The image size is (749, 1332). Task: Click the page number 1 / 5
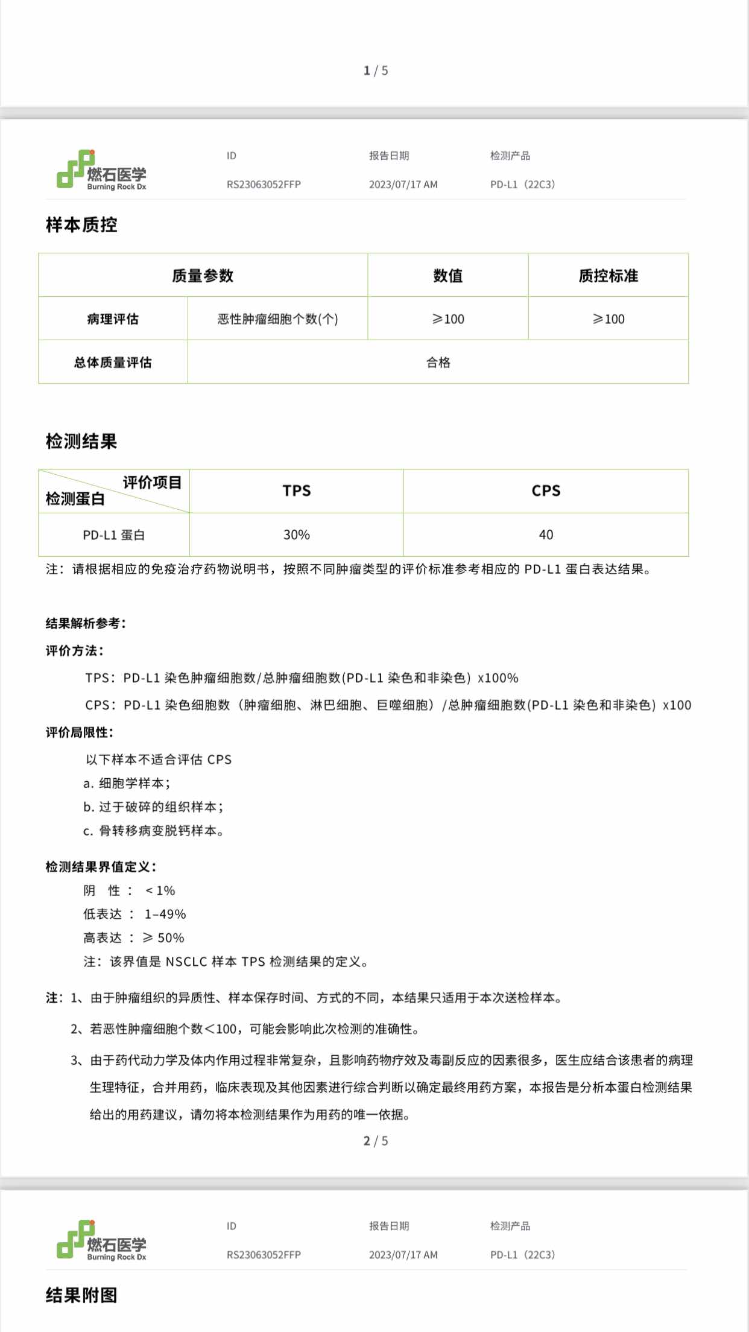click(375, 71)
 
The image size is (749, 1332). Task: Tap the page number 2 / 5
click(375, 1141)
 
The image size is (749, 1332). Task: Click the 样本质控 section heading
click(81, 225)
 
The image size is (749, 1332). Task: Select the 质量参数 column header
click(203, 276)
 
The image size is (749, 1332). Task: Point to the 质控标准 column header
click(608, 276)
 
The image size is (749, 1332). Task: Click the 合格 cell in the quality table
click(438, 363)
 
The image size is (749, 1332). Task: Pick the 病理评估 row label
click(113, 319)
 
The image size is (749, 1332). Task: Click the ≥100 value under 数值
click(448, 319)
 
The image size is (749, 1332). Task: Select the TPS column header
click(297, 491)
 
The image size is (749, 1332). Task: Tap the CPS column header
click(546, 491)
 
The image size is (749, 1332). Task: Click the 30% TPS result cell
click(297, 535)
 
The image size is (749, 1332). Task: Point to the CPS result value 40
click(546, 535)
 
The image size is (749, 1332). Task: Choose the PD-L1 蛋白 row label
click(114, 535)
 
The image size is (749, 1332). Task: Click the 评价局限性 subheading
click(79, 732)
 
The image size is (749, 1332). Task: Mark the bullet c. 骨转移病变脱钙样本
click(153, 831)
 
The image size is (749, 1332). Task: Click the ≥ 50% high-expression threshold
click(163, 938)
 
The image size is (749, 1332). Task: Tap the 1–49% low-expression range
click(165, 915)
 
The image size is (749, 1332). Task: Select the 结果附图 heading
click(81, 1295)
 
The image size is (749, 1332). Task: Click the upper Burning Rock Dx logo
click(102, 171)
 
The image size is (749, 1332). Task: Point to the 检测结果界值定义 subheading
click(101, 867)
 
